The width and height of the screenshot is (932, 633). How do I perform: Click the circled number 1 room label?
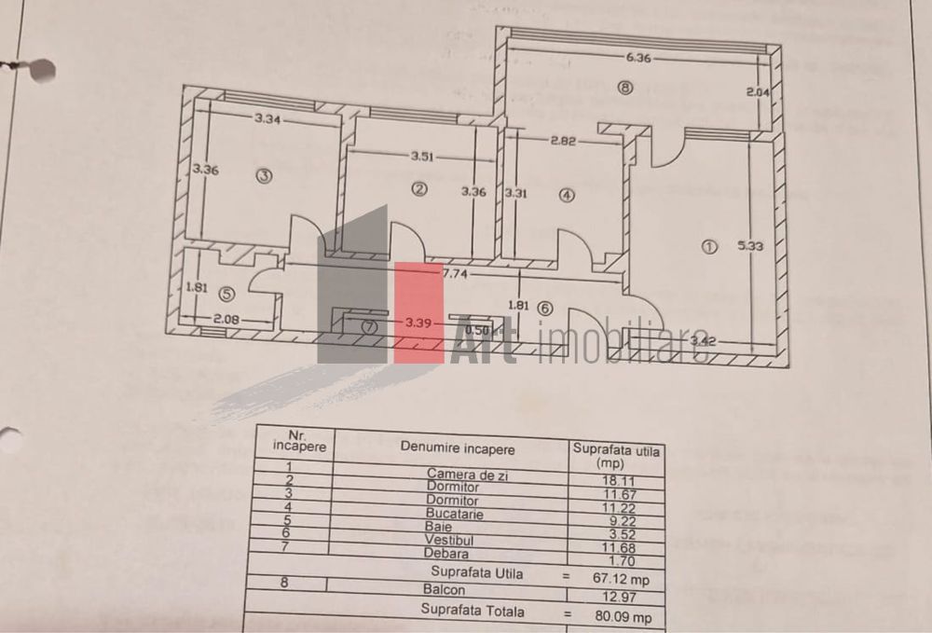[709, 247]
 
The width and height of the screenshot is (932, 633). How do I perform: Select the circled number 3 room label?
[264, 175]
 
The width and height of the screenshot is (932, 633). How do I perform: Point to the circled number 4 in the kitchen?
[567, 195]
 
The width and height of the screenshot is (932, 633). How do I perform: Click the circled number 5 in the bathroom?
[226, 293]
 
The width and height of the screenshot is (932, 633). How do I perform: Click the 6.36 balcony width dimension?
[638, 57]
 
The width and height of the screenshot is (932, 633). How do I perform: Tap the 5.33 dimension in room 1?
[750, 246]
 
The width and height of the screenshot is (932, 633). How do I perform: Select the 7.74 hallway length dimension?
[455, 274]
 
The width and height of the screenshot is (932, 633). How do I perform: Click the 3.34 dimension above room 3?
[268, 118]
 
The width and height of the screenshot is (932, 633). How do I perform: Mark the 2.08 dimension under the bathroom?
[226, 320]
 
